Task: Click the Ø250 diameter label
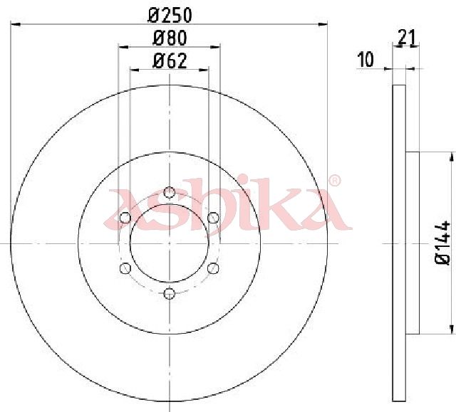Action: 170,15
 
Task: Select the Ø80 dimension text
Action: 170,38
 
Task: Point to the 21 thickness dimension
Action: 407,37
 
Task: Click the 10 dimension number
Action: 366,60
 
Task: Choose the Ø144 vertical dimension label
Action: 442,243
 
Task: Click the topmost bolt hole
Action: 170,192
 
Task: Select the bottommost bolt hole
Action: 170,294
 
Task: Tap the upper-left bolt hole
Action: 125,218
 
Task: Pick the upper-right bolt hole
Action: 213,218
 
